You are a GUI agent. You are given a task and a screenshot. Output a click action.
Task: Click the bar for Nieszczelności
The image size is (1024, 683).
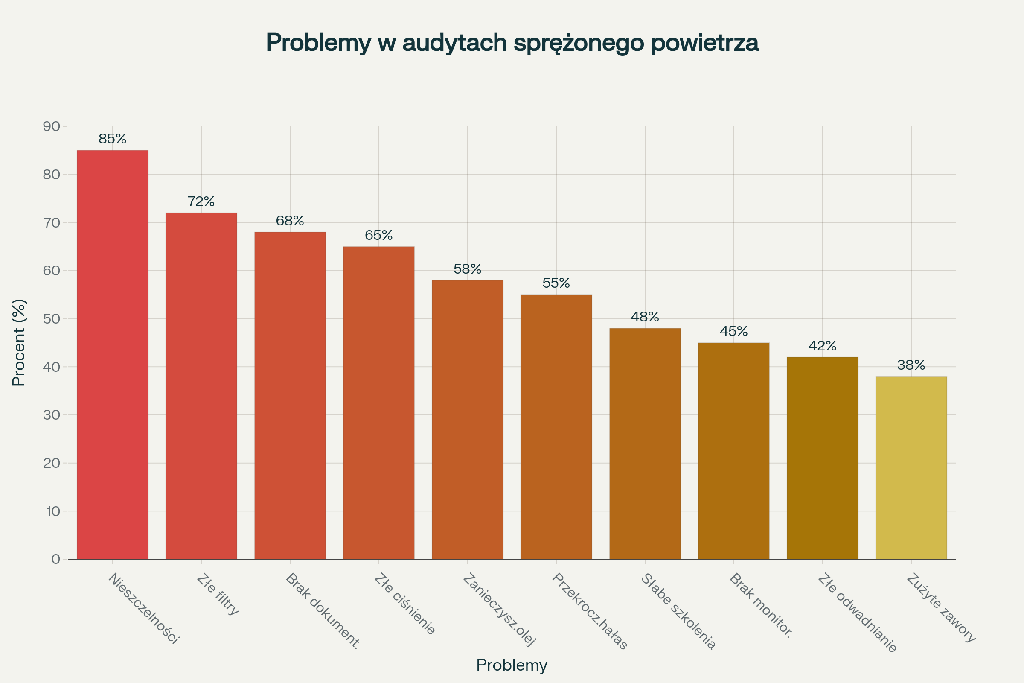(112, 355)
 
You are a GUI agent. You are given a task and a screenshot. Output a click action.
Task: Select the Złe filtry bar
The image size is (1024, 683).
(201, 386)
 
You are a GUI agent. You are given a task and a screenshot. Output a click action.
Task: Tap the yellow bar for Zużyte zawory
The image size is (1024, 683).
(911, 468)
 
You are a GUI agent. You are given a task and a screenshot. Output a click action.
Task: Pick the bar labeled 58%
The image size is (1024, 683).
(467, 420)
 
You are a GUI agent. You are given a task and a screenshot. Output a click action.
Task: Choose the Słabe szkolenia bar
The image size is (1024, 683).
(645, 444)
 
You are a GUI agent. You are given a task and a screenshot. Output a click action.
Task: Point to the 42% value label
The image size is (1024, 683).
(822, 346)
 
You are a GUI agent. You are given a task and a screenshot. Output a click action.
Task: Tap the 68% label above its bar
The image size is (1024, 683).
(290, 221)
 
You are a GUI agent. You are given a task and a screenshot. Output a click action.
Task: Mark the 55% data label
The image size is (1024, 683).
(556, 283)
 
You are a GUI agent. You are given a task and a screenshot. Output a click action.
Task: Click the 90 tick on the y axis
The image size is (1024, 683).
(51, 127)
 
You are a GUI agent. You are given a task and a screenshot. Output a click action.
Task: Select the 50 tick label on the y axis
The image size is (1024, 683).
(51, 319)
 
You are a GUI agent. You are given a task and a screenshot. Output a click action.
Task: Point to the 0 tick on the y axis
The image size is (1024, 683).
(56, 559)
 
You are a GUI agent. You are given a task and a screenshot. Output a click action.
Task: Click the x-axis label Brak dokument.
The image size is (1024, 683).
(323, 611)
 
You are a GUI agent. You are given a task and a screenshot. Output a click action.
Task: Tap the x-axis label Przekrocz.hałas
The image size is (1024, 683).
(589, 611)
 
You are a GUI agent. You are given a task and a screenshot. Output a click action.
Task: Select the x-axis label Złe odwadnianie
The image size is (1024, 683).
(857, 613)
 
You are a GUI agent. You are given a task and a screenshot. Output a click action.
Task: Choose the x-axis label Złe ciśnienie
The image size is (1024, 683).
(404, 604)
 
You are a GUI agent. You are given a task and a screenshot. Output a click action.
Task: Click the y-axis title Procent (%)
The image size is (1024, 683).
(19, 343)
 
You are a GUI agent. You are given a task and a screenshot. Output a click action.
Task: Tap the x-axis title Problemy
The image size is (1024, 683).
(512, 665)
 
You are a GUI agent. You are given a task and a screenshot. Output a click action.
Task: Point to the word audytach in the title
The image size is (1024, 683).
(455, 43)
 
